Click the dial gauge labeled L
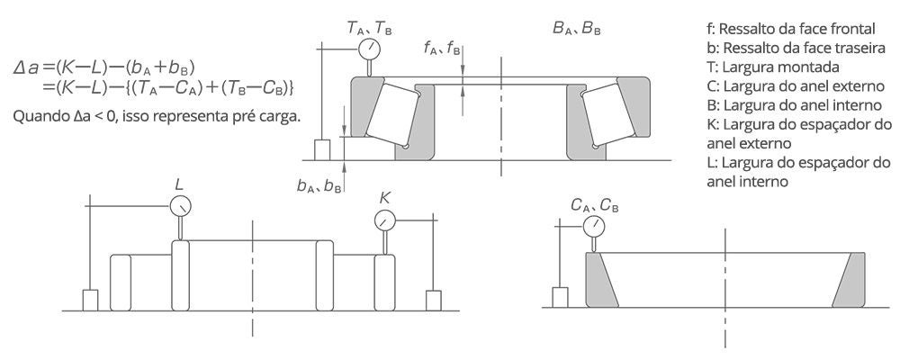(x=181, y=205)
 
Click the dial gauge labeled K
(x=384, y=220)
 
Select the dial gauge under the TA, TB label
(x=369, y=49)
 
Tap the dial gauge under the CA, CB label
(x=594, y=226)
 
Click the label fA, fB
(x=442, y=49)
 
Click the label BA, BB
(x=577, y=29)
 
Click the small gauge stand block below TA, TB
(x=321, y=149)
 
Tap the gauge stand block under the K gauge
(x=434, y=301)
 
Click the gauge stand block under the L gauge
(x=91, y=301)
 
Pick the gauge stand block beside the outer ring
(x=560, y=297)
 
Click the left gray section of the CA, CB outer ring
(x=600, y=280)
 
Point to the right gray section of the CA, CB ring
(x=850, y=280)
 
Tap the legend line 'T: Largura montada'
(x=772, y=67)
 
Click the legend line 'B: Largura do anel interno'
(x=794, y=105)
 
